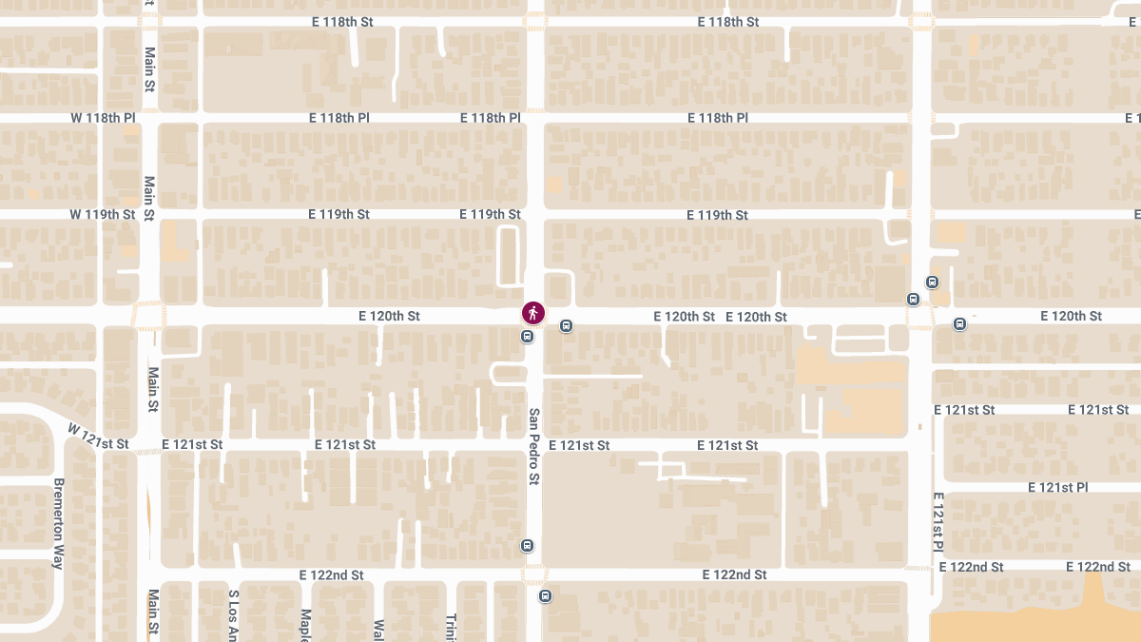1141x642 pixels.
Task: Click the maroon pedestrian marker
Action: click(533, 313)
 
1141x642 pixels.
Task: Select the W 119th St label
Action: click(103, 214)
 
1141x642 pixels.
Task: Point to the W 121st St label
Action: click(98, 438)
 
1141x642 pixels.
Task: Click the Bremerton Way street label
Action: click(58, 523)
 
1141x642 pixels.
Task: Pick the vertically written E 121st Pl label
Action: click(938, 522)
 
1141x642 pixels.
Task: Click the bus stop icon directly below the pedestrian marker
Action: click(527, 336)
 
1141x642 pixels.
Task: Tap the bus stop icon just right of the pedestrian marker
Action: click(567, 325)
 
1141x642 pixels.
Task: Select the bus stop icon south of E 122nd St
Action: click(545, 596)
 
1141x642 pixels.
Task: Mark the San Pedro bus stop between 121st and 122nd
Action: click(527, 546)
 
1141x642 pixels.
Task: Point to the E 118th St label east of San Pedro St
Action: click(728, 21)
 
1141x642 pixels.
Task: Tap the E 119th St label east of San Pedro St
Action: click(718, 215)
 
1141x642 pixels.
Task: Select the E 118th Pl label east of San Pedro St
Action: click(718, 118)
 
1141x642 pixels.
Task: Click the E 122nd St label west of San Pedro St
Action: click(332, 575)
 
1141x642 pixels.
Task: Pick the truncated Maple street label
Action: click(306, 623)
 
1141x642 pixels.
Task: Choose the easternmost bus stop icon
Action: click(959, 323)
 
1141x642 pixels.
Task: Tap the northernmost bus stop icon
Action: click(932, 282)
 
